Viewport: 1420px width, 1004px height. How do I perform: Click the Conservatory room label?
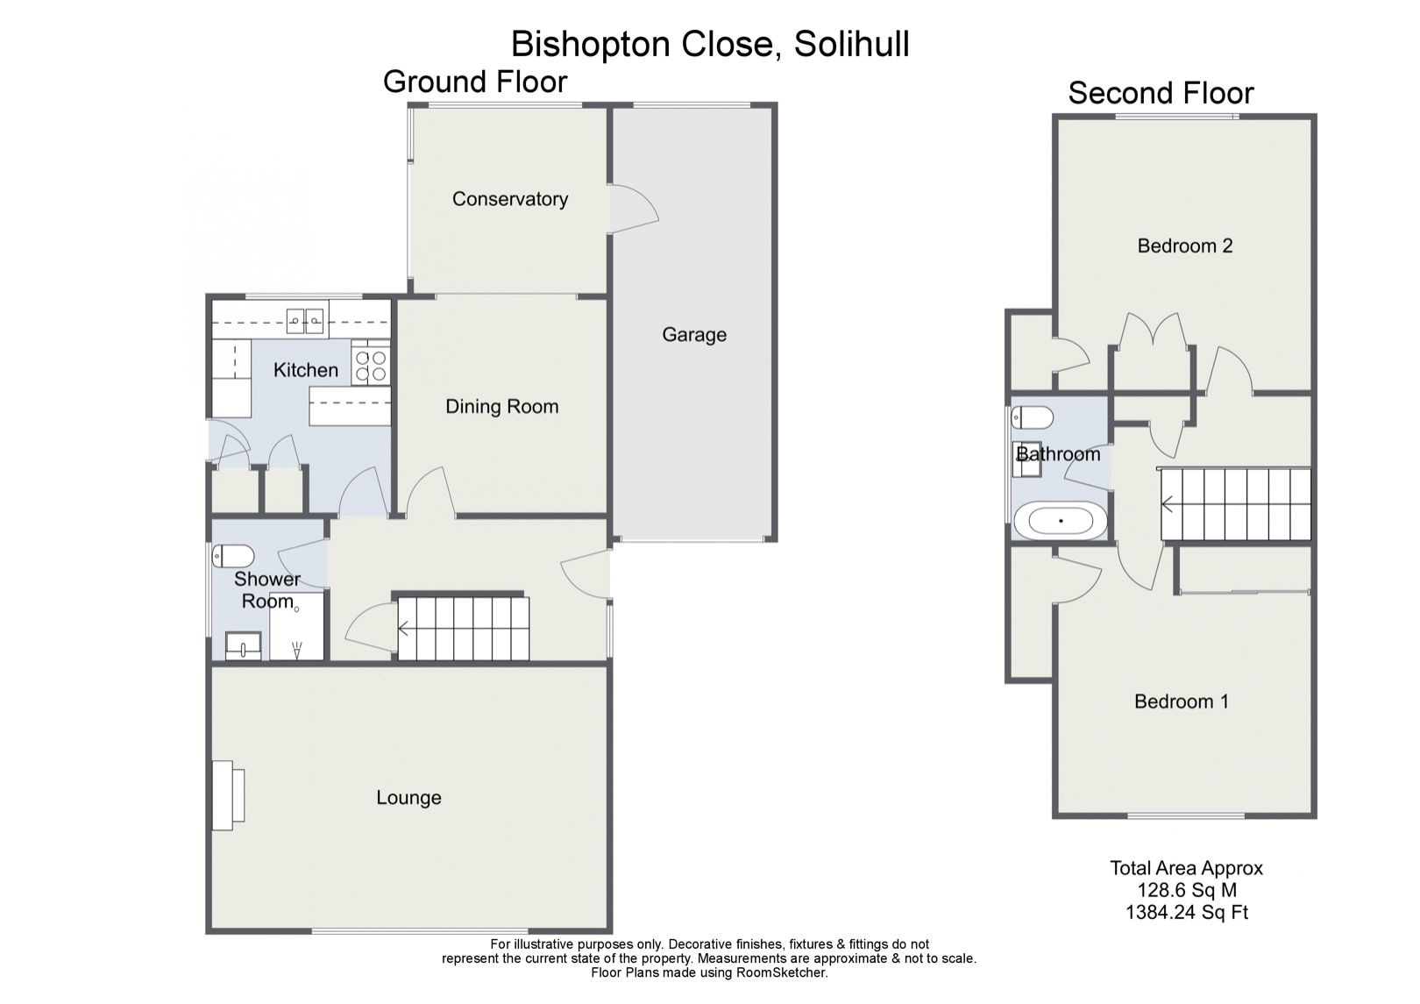[x=509, y=199]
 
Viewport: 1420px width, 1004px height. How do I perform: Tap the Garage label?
[x=693, y=334]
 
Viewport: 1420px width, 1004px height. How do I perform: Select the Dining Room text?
[x=501, y=406]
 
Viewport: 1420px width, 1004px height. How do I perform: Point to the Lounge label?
[x=408, y=797]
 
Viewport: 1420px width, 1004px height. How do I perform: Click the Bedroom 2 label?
[x=1184, y=246]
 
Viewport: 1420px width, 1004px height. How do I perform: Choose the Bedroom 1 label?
[x=1181, y=701]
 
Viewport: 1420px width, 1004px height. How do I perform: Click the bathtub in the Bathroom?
[x=1061, y=521]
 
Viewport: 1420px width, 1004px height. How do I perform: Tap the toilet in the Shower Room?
[x=233, y=556]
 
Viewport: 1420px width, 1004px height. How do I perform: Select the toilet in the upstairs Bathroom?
[x=1032, y=417]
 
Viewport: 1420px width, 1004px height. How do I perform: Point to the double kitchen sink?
[x=304, y=322]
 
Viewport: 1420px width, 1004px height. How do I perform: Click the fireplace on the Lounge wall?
[x=229, y=795]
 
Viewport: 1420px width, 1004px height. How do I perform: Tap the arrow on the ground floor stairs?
[x=405, y=628]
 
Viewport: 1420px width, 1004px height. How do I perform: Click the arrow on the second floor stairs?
[x=1168, y=504]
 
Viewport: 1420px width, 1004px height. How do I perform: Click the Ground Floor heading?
[x=475, y=82]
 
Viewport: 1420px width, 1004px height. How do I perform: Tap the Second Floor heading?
[x=1161, y=93]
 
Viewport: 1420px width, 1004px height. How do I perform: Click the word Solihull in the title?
[x=851, y=44]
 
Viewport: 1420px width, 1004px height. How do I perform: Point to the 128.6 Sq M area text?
[x=1186, y=891]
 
